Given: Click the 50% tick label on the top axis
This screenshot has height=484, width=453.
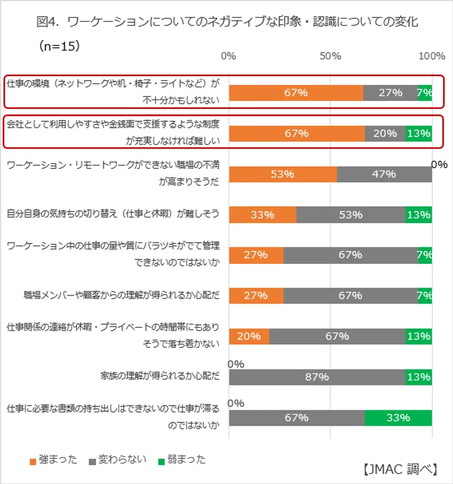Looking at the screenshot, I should pyautogui.click(x=331, y=56).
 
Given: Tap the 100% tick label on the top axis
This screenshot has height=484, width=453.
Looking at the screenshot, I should pyautogui.click(x=432, y=56).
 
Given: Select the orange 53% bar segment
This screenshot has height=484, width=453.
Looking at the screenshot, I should pyautogui.click(x=283, y=174).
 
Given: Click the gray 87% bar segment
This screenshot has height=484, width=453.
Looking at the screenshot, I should pyautogui.click(x=317, y=377).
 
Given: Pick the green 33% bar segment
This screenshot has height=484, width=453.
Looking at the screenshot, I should pyautogui.click(x=398, y=418).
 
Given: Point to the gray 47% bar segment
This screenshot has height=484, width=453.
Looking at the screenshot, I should pyautogui.click(x=384, y=174).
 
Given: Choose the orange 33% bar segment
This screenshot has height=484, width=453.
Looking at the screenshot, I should pyautogui.click(x=262, y=214).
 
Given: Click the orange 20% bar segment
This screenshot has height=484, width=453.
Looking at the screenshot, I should pyautogui.click(x=249, y=336).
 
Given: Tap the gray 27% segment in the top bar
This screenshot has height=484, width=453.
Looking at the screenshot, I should pyautogui.click(x=390, y=92).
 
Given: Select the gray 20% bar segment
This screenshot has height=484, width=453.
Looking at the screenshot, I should pyautogui.click(x=385, y=133).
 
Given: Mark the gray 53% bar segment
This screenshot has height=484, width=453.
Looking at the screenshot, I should pyautogui.click(x=351, y=214).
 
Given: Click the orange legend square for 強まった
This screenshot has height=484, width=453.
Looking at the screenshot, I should pyautogui.click(x=33, y=461).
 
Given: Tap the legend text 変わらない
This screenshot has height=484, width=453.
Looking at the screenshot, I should pyautogui.click(x=123, y=460).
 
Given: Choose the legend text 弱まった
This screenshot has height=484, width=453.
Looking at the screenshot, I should pyautogui.click(x=186, y=460).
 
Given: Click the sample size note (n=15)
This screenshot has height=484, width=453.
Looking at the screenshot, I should pyautogui.click(x=59, y=47).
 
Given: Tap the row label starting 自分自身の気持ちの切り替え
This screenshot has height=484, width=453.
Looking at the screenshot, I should pyautogui.click(x=113, y=214).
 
